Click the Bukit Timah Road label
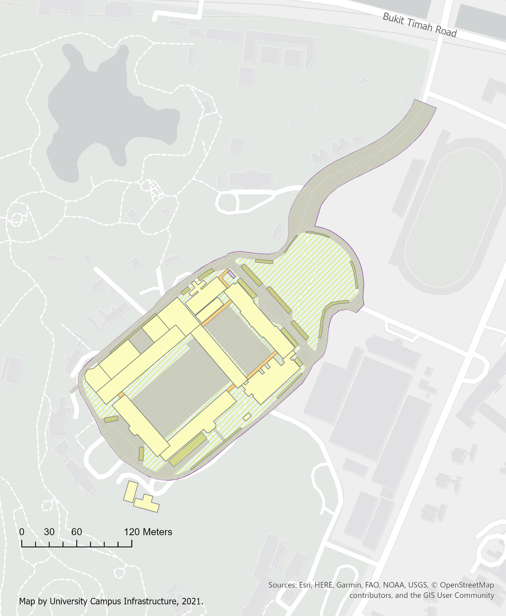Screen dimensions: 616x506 click(x=419, y=25)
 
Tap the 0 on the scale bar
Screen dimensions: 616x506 click(x=22, y=532)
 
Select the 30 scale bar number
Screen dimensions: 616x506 click(x=49, y=532)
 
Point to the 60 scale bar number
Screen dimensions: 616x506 click(x=76, y=532)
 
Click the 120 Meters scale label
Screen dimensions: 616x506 click(x=148, y=532)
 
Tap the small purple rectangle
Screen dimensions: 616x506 click(x=231, y=274)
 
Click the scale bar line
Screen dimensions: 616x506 click(x=77, y=546)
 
